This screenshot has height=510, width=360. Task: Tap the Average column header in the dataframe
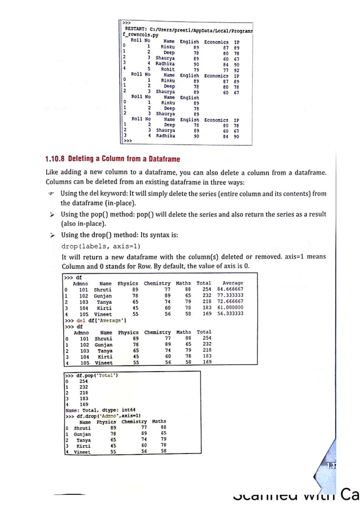pyautogui.click(x=232, y=283)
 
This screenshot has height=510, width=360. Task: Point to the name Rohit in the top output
pyautogui.click(x=168, y=70)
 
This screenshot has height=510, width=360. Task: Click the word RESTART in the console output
pyautogui.click(x=135, y=28)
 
